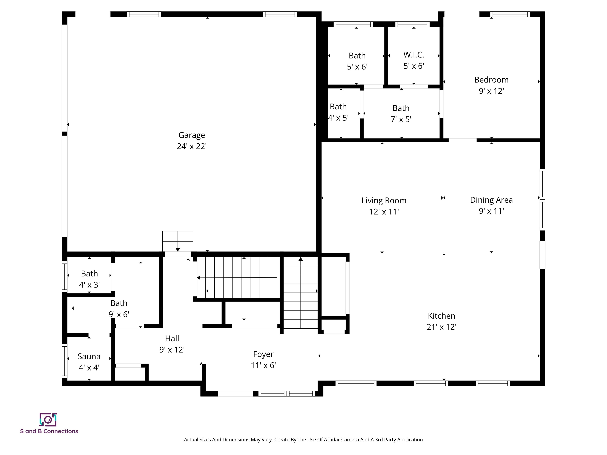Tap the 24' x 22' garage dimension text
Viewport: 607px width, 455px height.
(x=191, y=147)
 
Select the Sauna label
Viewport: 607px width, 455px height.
(x=89, y=356)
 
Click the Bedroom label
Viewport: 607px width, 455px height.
(x=491, y=80)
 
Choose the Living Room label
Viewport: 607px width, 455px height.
(x=384, y=200)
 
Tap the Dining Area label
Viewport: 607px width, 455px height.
(x=491, y=200)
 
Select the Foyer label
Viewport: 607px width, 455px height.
(x=263, y=354)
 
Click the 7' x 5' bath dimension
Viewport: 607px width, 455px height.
(x=401, y=119)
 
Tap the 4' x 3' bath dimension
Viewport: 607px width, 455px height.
(x=89, y=285)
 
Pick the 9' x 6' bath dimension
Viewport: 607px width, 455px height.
(x=119, y=314)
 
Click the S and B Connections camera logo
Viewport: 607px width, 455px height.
(x=48, y=420)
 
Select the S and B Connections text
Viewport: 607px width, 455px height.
(x=49, y=431)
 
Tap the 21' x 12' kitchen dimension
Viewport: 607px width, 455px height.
(x=441, y=327)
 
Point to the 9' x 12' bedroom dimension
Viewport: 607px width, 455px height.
(x=491, y=91)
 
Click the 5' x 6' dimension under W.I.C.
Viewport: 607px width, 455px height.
(x=414, y=66)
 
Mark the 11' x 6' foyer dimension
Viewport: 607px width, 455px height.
(x=263, y=365)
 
